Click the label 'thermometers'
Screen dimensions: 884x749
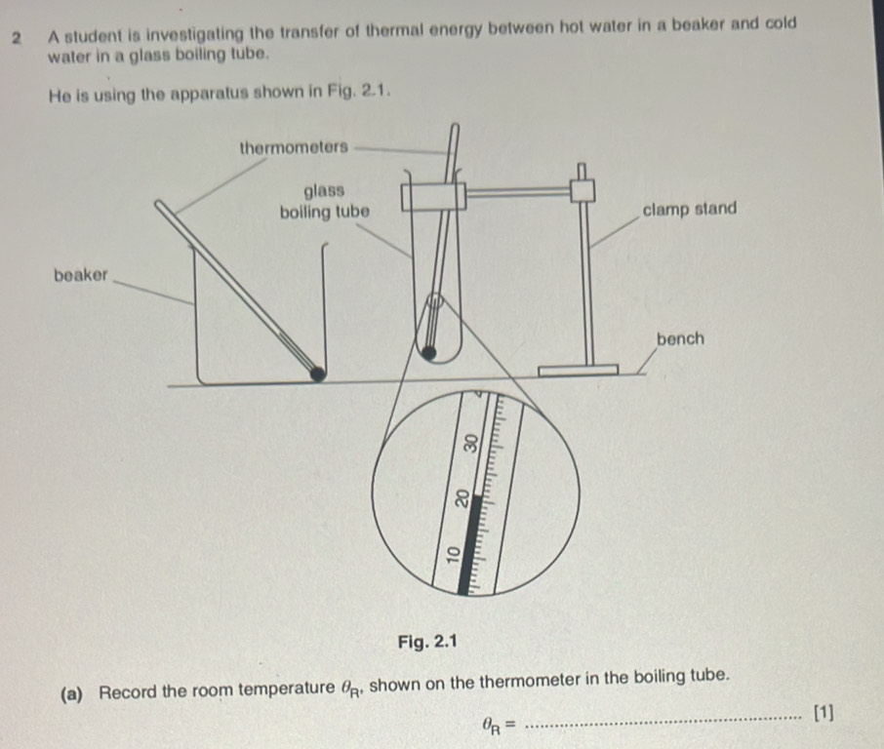click(x=294, y=147)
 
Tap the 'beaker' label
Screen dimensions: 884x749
click(x=81, y=275)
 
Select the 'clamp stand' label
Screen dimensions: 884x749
click(x=690, y=209)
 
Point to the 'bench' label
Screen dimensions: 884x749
click(x=680, y=338)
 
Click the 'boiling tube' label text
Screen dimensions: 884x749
click(x=325, y=213)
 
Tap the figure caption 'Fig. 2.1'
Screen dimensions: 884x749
click(x=427, y=642)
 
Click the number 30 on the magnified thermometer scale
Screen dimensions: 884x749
click(x=470, y=443)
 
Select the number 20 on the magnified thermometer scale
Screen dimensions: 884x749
click(x=462, y=497)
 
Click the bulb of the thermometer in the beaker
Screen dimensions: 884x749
click(x=317, y=374)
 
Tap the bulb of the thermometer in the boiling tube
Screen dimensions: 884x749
click(x=429, y=353)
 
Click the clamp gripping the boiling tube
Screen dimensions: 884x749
click(x=433, y=196)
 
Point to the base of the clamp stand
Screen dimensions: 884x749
click(x=579, y=371)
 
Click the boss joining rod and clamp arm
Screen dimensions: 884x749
click(x=583, y=190)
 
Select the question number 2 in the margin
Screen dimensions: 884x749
click(x=18, y=39)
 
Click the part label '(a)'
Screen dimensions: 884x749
click(x=72, y=694)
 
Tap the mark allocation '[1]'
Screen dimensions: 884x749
click(x=824, y=713)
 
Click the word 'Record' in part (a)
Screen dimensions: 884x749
click(x=128, y=691)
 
